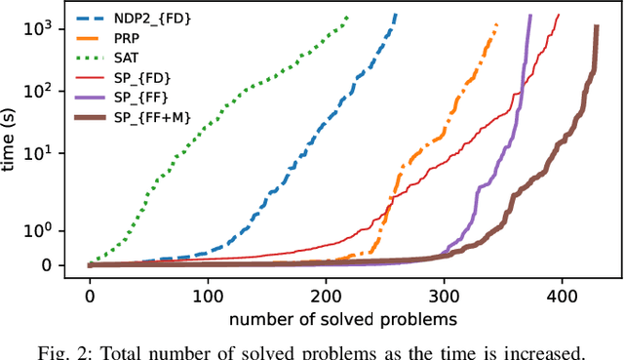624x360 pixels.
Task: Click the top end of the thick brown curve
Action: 596,27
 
